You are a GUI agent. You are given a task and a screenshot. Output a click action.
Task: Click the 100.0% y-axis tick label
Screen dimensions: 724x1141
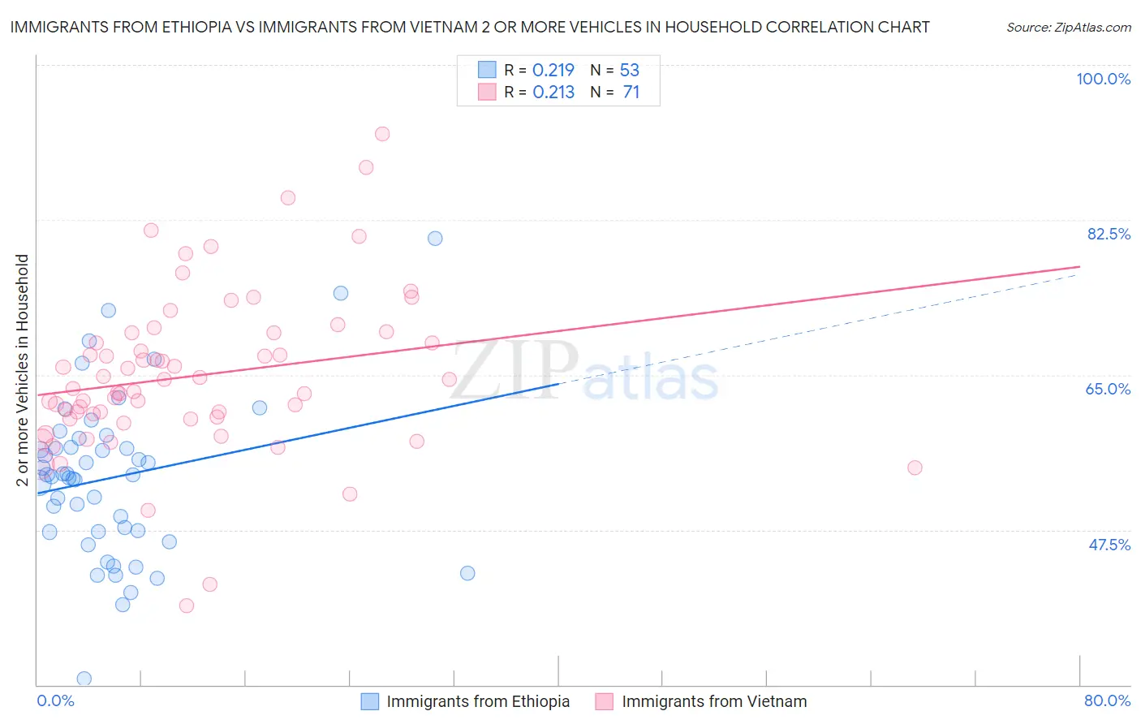click(1103, 79)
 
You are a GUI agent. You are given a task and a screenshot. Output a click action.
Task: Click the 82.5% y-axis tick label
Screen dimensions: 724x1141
click(1108, 234)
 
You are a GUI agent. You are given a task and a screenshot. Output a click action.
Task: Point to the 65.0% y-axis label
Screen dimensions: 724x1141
click(1108, 389)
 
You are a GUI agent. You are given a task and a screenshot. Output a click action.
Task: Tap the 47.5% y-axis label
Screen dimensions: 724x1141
click(1109, 545)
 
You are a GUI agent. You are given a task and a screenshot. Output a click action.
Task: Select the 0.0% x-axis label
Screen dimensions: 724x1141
click(55, 700)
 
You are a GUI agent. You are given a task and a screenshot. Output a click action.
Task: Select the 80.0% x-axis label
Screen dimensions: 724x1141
click(1107, 700)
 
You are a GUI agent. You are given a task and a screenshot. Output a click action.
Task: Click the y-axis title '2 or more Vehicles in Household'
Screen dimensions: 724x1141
click(23, 370)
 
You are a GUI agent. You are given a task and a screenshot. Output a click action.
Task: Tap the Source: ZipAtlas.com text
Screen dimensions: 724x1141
click(1068, 27)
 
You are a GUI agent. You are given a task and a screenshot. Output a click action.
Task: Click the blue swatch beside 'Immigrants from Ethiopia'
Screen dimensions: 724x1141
click(370, 701)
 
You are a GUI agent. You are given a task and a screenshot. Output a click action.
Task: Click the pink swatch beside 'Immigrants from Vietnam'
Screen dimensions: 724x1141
click(604, 701)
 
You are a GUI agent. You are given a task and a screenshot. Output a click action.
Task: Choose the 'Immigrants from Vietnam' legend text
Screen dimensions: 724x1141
click(714, 701)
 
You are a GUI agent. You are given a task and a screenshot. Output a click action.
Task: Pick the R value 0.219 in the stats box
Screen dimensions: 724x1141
click(553, 70)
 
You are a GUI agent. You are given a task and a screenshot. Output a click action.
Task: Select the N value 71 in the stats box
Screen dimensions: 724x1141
click(631, 92)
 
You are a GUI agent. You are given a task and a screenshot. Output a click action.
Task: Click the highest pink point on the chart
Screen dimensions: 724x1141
click(382, 134)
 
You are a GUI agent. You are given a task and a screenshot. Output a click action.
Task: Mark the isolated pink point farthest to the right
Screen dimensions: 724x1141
click(915, 468)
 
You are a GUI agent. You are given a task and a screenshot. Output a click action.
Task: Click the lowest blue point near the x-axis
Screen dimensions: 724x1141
click(84, 679)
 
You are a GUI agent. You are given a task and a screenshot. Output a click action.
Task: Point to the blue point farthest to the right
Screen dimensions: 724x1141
click(467, 573)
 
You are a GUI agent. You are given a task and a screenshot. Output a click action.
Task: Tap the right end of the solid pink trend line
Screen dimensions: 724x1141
click(1079, 266)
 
